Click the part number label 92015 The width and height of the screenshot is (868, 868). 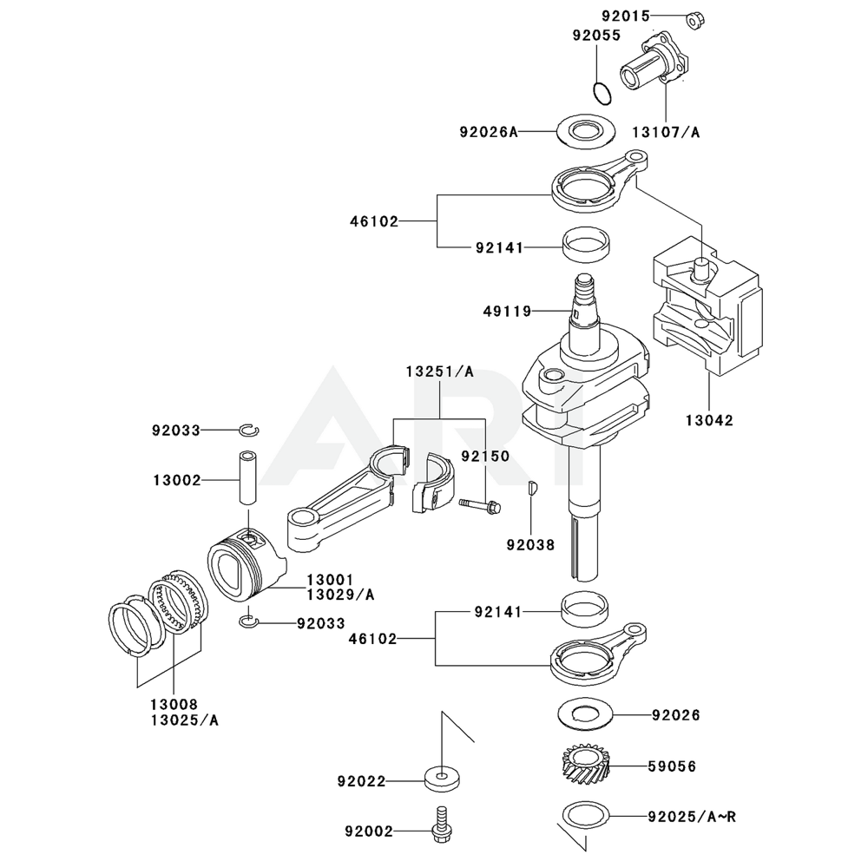point(623,15)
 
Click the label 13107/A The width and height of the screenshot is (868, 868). point(666,132)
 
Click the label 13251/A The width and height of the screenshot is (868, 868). point(439,372)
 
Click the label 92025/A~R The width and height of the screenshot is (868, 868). point(692,816)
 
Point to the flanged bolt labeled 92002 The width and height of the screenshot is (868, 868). point(442,824)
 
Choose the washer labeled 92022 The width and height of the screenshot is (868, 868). point(443,776)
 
